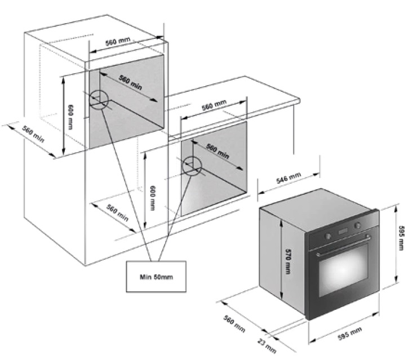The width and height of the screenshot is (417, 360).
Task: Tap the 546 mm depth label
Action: [x=288, y=180]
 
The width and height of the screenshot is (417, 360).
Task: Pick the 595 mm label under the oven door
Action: [x=350, y=335]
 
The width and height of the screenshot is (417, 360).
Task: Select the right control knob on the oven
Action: [x=357, y=225]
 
